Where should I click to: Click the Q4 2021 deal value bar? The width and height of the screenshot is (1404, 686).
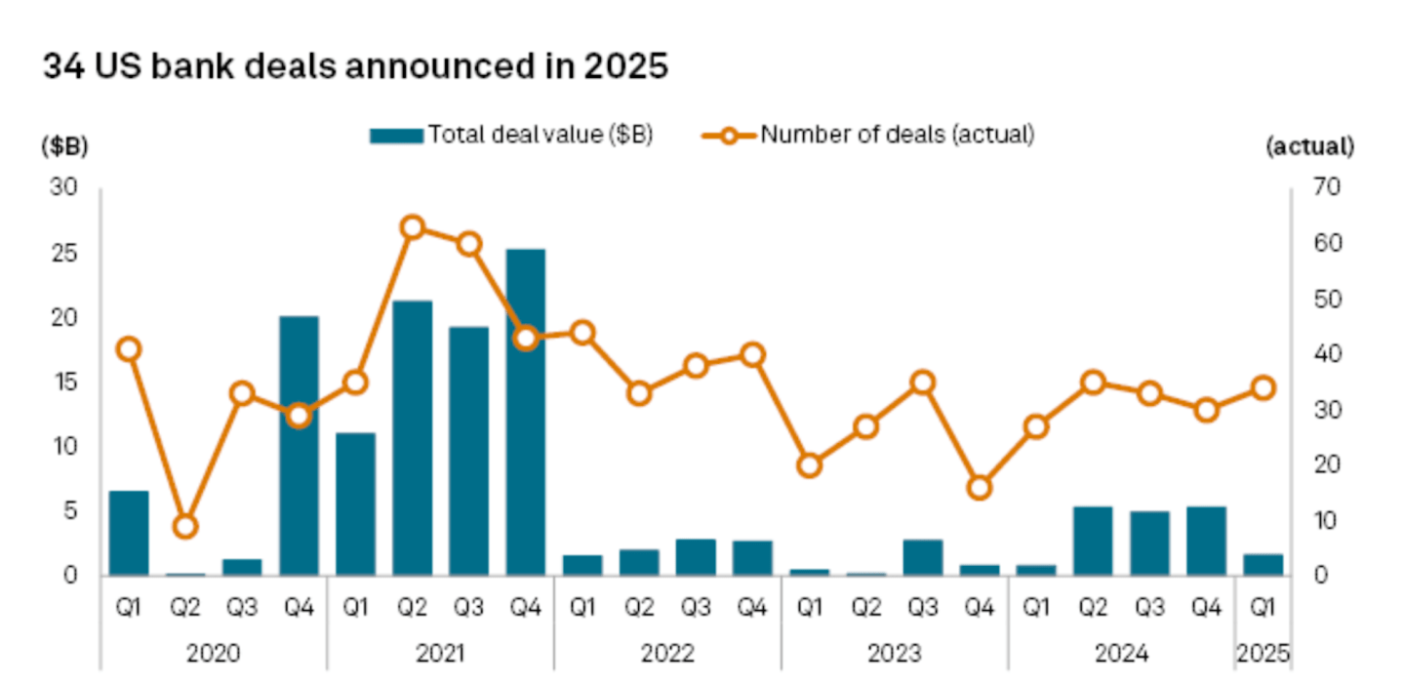coord(525,412)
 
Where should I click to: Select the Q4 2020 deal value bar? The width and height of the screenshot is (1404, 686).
coord(299,445)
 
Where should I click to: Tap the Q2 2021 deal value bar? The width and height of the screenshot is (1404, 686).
coord(412,437)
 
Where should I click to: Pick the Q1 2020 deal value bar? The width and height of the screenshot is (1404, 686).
coord(129,533)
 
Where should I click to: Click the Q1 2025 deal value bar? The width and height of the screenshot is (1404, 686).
coord(1264,565)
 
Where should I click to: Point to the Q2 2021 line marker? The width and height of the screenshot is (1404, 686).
coord(412,227)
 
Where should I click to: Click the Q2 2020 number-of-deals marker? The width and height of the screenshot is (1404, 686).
coord(185,527)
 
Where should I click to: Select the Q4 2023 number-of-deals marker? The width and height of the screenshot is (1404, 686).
coord(980,488)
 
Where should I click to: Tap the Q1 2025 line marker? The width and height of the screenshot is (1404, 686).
coord(1264,387)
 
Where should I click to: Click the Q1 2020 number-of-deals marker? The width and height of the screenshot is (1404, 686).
coord(129,349)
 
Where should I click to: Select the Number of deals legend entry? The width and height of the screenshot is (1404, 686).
coord(868,136)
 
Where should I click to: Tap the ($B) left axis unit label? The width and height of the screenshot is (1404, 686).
coord(64,146)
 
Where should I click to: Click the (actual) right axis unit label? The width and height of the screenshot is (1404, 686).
coord(1309,146)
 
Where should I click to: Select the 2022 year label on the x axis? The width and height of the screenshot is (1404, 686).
coord(667,652)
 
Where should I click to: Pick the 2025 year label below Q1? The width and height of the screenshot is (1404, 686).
coord(1264,652)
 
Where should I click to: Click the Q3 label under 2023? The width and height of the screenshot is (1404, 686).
coord(923,607)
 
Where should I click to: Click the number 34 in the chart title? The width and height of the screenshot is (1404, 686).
coord(60,67)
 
